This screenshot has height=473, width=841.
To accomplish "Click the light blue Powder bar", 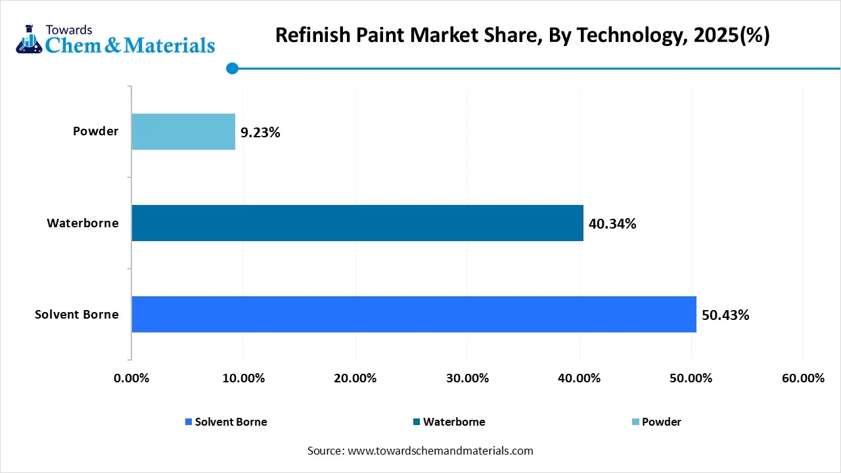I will pos(183,131).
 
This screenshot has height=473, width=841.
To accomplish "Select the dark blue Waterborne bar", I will pos(357,223).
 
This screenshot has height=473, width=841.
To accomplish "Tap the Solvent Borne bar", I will pos(414,314).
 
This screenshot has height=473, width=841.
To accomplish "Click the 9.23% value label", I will pos(260,133).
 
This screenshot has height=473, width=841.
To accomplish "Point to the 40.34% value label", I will pos(612,224).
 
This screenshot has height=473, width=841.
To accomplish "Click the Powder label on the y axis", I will pos(95,131).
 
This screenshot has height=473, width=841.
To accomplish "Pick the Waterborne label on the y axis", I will pos(83,223).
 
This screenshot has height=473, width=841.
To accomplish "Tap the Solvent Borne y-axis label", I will pos(77,315).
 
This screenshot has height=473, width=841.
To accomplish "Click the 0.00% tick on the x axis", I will pos(131,378).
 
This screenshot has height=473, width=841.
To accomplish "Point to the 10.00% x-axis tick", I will pos(243,378).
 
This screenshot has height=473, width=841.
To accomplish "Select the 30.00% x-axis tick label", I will pos(467,378).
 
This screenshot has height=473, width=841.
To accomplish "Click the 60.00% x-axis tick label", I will pos(803,378).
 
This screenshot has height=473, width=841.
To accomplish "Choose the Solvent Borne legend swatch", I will pos(189,422).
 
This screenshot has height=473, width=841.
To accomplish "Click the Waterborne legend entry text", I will pos(454,422).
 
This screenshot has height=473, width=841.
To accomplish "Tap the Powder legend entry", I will pos(661,422).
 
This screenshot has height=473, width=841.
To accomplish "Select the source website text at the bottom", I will pos(420,451).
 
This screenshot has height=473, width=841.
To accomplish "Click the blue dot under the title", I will pos(232,68).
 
